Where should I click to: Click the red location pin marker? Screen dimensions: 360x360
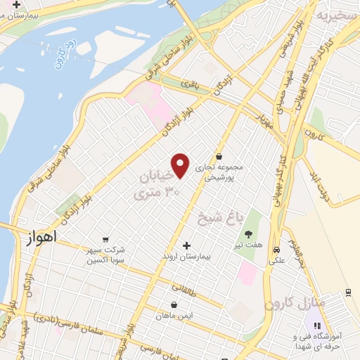click(181, 165)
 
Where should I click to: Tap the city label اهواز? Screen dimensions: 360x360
click(40, 238)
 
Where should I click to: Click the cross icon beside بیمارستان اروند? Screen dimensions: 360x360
click(186, 245)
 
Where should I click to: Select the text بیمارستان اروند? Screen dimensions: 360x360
click(186, 257)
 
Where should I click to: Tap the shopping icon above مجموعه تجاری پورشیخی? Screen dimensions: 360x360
click(219, 156)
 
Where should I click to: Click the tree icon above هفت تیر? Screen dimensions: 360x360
click(247, 234)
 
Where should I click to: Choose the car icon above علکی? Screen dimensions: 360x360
click(276, 250)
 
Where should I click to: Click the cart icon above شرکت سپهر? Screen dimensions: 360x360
click(105, 239)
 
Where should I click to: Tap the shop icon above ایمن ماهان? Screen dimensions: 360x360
click(174, 305)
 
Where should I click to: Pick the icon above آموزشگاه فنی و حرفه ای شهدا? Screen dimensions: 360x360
click(316, 326)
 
